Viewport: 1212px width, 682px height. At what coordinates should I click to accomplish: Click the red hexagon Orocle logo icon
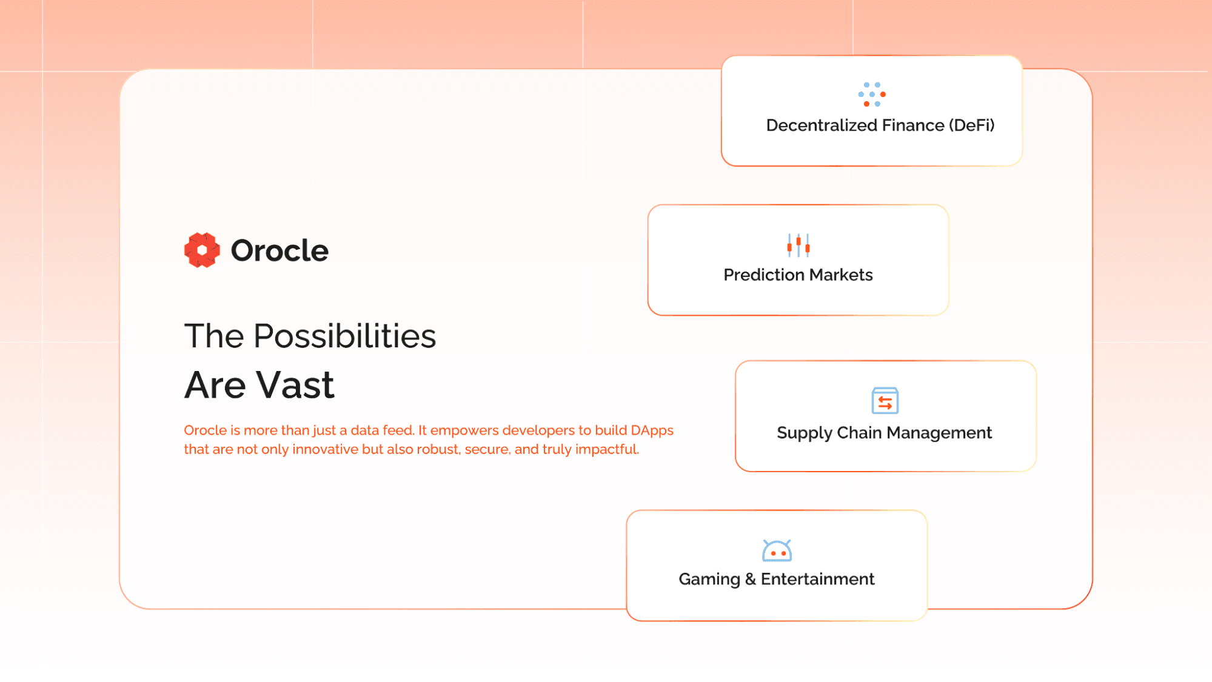tap(202, 250)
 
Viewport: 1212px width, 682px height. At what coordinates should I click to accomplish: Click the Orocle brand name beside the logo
tap(280, 250)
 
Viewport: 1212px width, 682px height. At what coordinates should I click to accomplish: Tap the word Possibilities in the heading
tap(344, 336)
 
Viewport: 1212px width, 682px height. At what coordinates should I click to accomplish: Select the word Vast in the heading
tap(295, 385)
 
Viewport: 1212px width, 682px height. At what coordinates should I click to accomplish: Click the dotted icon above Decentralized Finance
tap(872, 95)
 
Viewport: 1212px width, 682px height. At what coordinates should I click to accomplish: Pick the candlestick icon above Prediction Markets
tap(799, 245)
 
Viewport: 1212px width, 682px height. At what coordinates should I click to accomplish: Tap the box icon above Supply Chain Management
tap(885, 400)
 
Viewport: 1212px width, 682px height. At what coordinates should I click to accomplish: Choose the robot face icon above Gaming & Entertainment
tap(777, 550)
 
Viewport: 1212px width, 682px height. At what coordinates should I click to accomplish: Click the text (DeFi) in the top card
tap(971, 125)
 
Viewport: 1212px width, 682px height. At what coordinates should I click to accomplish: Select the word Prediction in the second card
tap(764, 275)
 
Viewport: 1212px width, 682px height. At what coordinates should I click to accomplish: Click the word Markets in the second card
tap(841, 275)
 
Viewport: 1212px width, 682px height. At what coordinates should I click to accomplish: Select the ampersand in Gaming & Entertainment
tap(751, 580)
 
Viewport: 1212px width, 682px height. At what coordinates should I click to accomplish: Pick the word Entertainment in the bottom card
tap(818, 580)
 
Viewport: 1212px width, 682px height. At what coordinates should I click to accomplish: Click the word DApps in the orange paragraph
tap(652, 431)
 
